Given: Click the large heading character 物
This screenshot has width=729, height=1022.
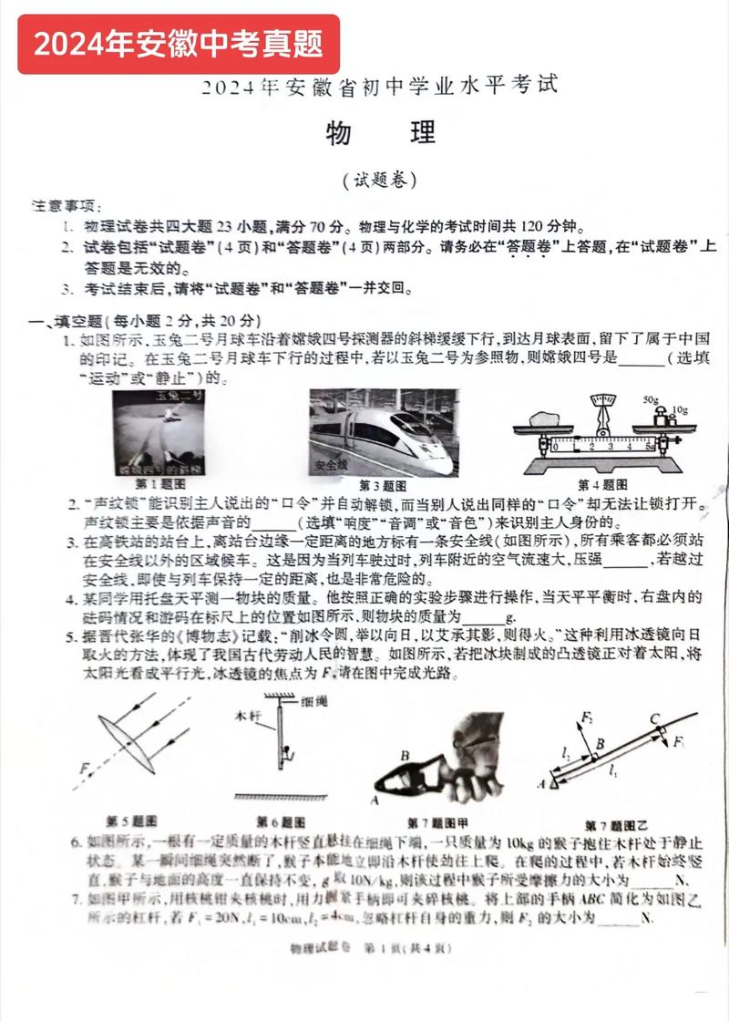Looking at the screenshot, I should (341, 134).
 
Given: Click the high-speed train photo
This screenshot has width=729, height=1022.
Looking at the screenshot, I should (382, 431).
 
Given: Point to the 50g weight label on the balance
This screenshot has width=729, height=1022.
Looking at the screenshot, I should (650, 400).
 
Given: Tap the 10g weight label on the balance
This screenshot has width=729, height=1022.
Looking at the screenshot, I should (679, 409).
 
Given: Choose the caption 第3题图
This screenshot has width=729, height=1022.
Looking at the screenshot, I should (383, 485).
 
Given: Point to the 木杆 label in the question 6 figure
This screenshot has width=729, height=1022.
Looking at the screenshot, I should (248, 717).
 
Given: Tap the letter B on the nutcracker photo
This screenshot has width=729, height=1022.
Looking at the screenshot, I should (404, 755).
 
